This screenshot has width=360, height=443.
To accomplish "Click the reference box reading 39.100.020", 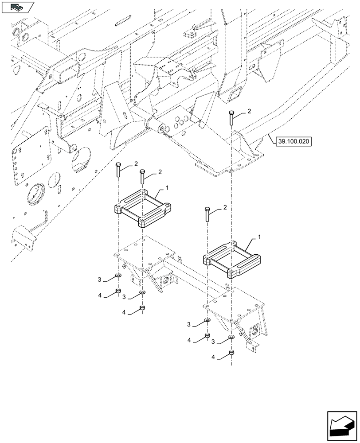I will (293, 142).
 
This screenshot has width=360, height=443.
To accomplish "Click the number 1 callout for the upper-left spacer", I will (167, 188).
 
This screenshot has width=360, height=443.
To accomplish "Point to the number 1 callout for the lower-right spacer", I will (259, 238).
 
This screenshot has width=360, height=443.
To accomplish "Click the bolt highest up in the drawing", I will (231, 118).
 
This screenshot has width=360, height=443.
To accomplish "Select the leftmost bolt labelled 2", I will (118, 170).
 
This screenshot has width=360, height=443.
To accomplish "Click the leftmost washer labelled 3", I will (118, 276).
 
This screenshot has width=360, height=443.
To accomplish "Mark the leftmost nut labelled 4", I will (118, 291).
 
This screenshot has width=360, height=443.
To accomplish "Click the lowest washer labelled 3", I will (231, 338).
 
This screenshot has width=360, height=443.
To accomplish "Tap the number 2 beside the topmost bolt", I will (249, 112).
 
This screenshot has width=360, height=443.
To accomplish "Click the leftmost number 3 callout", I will (100, 280).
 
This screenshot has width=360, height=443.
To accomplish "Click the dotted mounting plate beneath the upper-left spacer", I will (144, 253).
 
